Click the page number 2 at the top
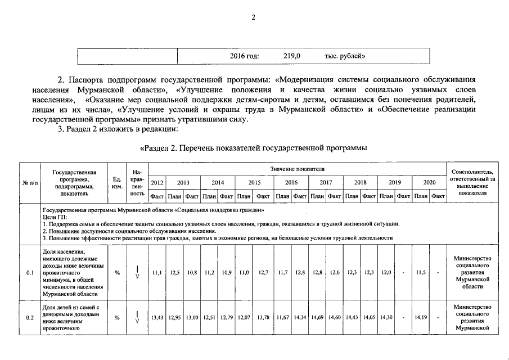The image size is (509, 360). coord(254,18)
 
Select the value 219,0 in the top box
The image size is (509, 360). coord(292,56)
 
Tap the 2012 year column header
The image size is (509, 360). coord(157,183)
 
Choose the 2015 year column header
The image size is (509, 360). coord(254,183)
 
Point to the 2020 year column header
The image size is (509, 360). coord(429,183)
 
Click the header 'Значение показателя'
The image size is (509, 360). coord(298,169)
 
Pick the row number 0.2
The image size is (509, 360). coord(30,318)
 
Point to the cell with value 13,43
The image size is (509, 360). coord(157,318)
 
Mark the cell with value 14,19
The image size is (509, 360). coord(420,318)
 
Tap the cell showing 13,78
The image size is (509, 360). coord(263,318)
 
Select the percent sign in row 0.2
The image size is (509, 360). coord(117,318)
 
